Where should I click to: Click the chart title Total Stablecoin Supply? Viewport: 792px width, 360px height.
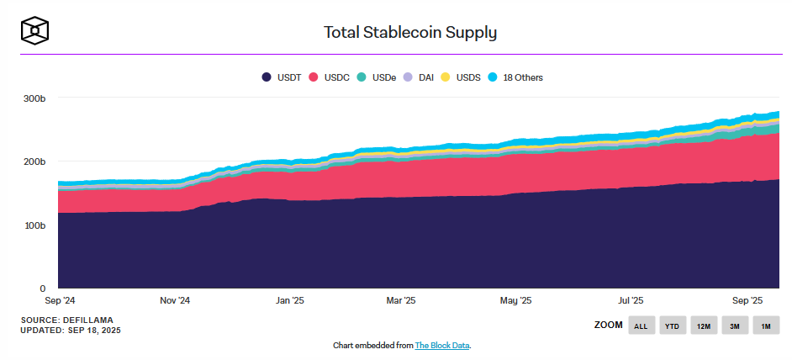tap(410, 33)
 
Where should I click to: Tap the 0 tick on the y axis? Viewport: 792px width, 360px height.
tap(41, 289)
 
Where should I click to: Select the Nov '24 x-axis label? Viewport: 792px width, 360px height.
tap(175, 300)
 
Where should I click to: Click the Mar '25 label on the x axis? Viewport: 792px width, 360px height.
tap(400, 300)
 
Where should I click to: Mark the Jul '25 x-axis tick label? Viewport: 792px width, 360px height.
tap(631, 300)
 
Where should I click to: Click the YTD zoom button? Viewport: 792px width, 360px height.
tap(672, 326)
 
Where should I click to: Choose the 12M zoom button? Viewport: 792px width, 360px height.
tap(703, 326)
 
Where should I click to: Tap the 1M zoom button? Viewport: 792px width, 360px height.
tap(765, 326)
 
